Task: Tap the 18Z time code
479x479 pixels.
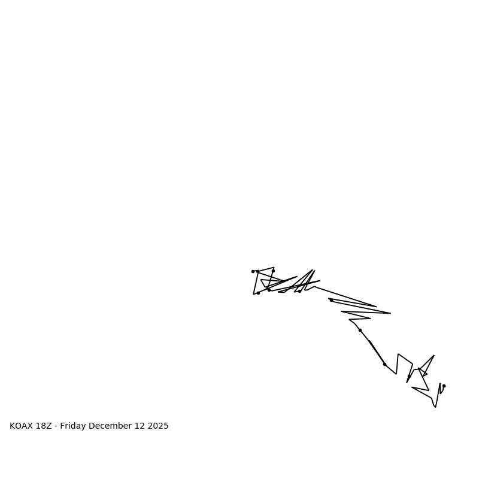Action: point(44,426)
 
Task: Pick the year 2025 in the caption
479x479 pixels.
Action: point(159,426)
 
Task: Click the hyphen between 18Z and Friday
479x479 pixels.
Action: point(56,426)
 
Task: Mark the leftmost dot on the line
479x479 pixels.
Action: point(253,271)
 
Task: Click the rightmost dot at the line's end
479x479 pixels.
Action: point(444,386)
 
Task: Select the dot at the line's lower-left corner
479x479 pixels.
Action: point(258,293)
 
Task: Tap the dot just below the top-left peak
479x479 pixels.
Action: point(273,271)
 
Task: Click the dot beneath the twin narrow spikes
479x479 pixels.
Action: point(299,291)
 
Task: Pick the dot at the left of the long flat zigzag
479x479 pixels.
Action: point(331,300)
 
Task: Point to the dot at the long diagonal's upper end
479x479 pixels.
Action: point(360,330)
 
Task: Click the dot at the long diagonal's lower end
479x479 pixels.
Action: point(384,364)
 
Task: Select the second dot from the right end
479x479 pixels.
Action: point(426,374)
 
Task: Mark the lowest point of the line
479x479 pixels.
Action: point(435,407)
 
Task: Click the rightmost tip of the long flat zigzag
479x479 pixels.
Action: point(390,313)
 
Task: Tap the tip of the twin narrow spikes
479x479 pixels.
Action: point(313,270)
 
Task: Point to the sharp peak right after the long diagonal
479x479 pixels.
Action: point(398,354)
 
